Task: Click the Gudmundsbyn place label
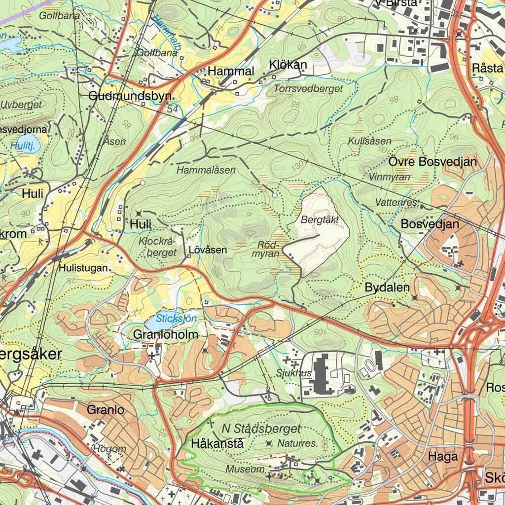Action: point(130,96)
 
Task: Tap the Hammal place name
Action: point(231,71)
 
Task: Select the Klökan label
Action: point(288,65)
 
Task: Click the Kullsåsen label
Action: point(369,142)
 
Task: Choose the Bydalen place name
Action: point(387,288)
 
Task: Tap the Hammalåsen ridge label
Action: point(206,170)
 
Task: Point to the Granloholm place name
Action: point(166,334)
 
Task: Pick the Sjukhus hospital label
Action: point(294,373)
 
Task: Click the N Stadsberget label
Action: point(261,428)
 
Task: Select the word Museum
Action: point(245,469)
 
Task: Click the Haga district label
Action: point(443,457)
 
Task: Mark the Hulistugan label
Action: point(83,268)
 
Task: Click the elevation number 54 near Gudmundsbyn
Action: point(172,109)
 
